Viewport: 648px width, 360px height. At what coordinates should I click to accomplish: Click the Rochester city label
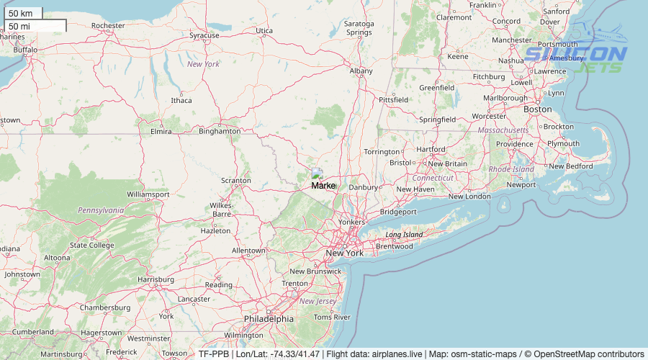108,26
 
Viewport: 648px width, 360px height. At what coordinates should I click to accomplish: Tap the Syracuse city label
204,35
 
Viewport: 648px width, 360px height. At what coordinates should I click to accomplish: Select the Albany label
361,71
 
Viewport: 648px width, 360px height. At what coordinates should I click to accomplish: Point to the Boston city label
537,109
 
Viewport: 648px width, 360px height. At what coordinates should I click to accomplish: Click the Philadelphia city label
269,318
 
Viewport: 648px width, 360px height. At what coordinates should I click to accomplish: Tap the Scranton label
235,180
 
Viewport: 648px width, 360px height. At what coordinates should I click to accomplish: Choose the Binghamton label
220,132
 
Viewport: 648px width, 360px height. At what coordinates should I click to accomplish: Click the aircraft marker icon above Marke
317,174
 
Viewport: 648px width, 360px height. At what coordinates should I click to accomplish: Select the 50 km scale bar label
21,13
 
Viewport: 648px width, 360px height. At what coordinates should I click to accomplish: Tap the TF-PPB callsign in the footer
214,354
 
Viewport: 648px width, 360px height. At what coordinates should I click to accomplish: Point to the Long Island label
404,235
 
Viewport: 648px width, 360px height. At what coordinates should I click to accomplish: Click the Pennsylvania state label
101,210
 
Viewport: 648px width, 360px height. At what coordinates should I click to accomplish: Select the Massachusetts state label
503,130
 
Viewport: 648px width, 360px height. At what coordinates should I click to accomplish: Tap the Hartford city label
431,150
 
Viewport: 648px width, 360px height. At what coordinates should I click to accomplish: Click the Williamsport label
148,194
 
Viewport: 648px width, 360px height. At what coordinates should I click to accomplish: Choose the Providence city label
514,144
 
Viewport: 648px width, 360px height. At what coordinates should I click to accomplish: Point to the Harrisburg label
156,279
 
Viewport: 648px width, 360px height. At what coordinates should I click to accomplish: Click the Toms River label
332,317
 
